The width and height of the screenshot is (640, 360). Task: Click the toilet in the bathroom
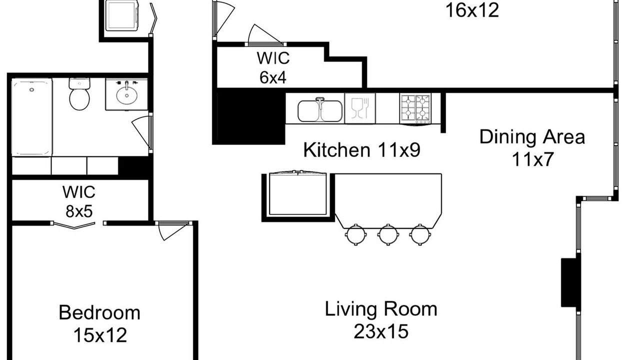[x=79, y=94]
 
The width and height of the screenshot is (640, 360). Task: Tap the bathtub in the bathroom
[x=32, y=117]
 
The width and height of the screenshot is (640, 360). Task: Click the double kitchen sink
[x=320, y=111]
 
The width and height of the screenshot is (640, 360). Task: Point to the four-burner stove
[x=415, y=108]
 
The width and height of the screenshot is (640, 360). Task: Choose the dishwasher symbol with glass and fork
[x=360, y=108]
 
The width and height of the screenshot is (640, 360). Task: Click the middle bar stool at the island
[x=387, y=234]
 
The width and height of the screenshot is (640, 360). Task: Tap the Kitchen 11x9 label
[x=361, y=150]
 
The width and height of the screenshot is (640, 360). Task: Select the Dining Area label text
[x=532, y=137]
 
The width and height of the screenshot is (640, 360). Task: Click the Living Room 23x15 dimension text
[x=381, y=331]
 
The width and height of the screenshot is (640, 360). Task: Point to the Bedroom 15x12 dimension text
[x=100, y=335]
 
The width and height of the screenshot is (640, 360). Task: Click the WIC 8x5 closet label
[x=79, y=201]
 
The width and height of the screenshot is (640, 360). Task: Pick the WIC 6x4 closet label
[x=273, y=67]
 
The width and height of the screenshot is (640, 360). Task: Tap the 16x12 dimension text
[x=472, y=10]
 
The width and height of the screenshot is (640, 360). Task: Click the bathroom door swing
[x=142, y=132]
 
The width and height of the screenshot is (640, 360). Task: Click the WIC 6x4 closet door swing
[x=265, y=35]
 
